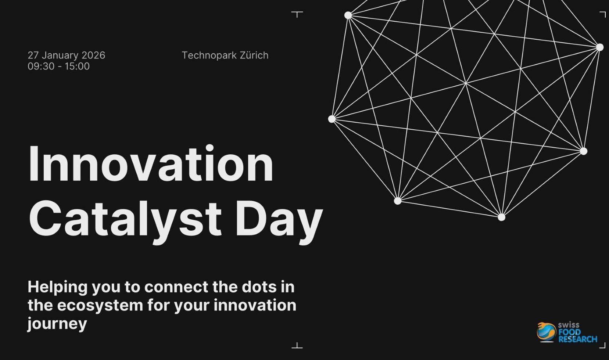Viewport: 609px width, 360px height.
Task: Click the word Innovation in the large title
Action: [x=151, y=164]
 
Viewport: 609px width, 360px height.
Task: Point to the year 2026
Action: [x=93, y=55]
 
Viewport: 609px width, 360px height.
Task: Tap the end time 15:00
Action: [x=77, y=66]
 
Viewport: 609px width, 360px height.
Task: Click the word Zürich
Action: [x=254, y=55]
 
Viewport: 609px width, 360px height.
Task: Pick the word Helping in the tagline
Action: [x=58, y=288]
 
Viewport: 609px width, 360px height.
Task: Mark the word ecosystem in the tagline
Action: [x=100, y=306]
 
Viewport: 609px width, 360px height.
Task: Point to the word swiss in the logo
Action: [x=569, y=325]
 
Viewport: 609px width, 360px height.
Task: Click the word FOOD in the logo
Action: [x=570, y=332]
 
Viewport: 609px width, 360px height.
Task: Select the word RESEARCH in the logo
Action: [x=578, y=339]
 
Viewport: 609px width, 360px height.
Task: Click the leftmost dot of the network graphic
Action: [x=332, y=119]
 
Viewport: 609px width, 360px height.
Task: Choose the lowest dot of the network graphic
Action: [x=502, y=217]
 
